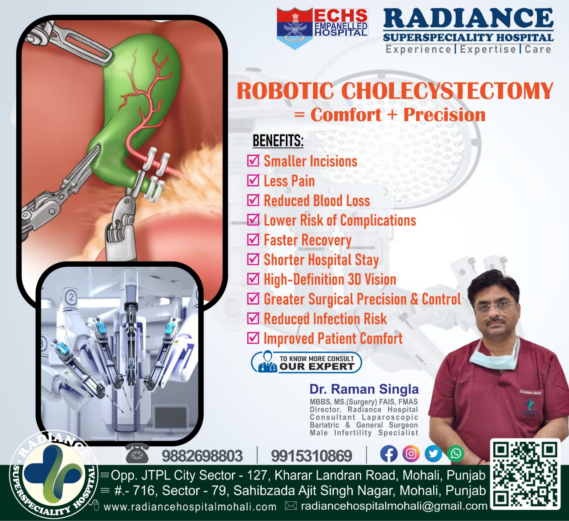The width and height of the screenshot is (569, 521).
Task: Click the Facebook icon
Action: pos(389,454)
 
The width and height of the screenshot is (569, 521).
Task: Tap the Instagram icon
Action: pos(411,454)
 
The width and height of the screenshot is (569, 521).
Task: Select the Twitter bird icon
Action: pos(434,454)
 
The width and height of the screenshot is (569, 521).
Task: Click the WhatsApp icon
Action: pos(456,454)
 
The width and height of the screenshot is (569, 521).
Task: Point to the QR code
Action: pos(525,474)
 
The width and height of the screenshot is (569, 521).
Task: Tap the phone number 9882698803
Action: pos(202,456)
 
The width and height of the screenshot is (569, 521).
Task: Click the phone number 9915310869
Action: pos(312,456)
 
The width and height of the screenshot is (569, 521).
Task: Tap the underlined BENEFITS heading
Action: pos(278,140)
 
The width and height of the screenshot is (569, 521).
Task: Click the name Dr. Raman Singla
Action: pos(364,389)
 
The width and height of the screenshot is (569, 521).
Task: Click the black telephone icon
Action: pos(137,453)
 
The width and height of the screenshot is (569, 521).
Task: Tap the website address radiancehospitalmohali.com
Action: pos(190,506)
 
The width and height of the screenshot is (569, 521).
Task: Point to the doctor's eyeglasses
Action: pos(495,306)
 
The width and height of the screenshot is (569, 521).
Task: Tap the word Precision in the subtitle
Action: pos(444,115)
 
